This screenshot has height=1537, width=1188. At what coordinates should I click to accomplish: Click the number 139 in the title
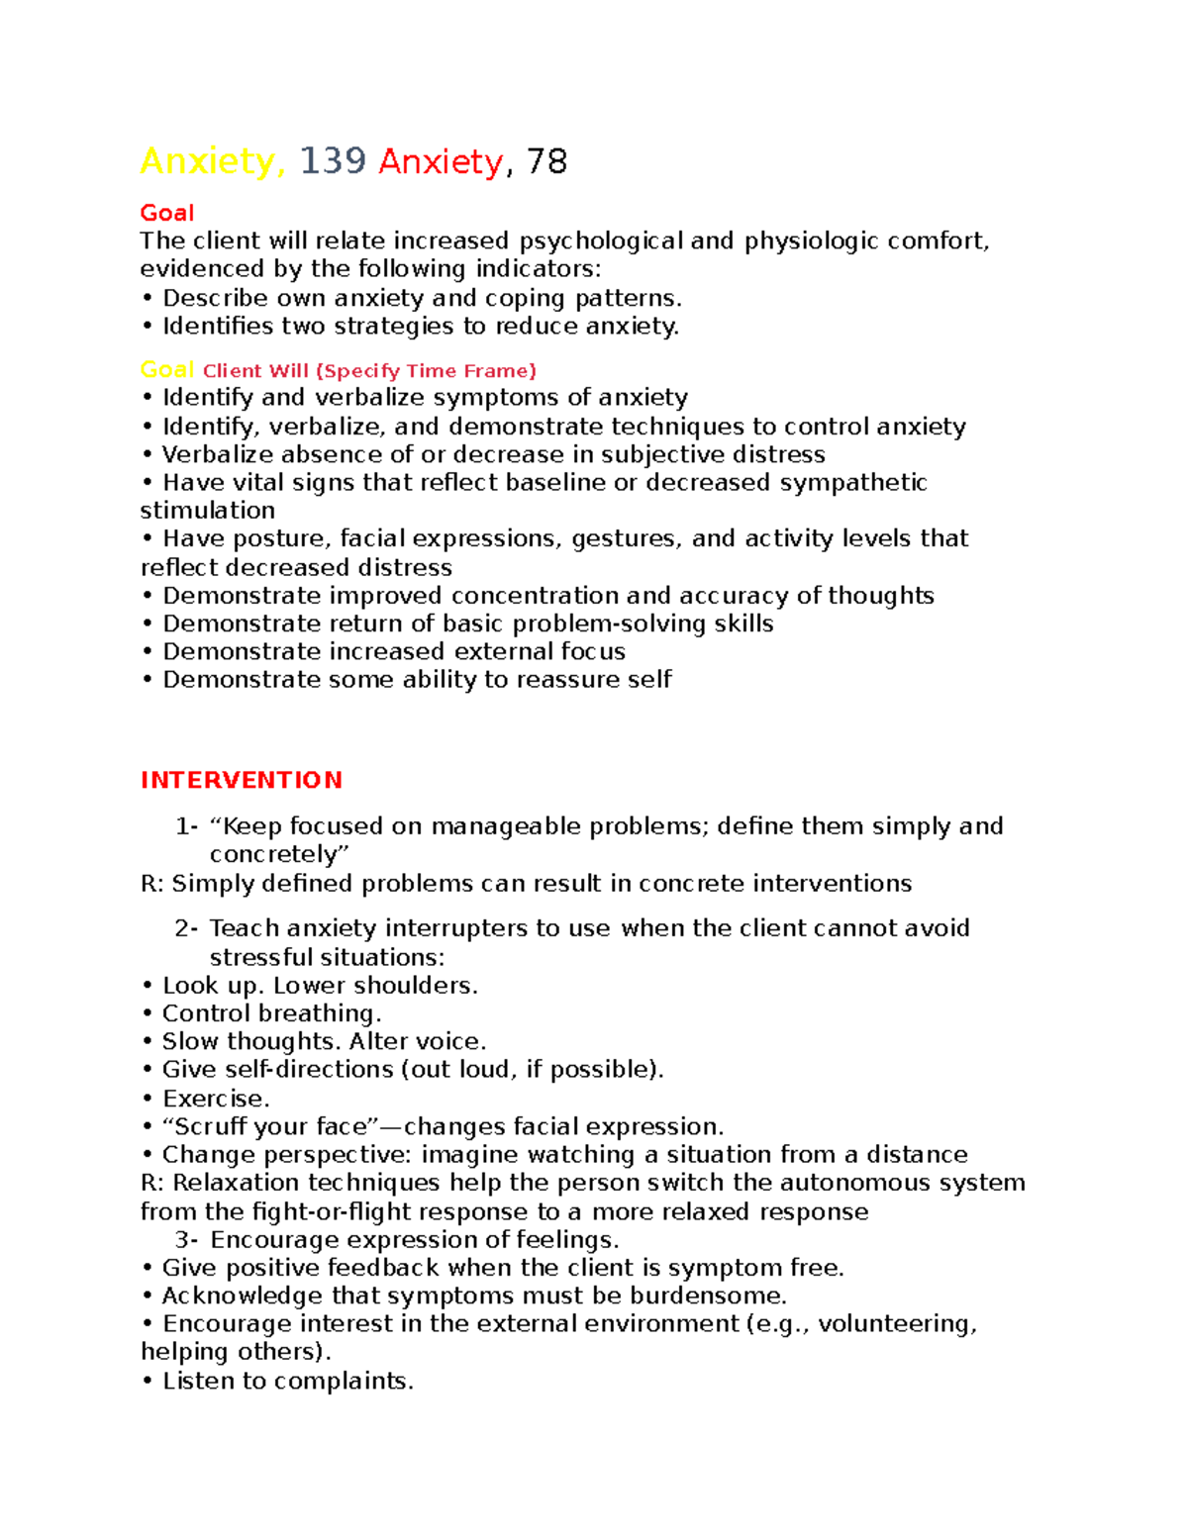(333, 161)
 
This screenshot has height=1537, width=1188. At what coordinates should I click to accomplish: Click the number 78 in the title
(546, 161)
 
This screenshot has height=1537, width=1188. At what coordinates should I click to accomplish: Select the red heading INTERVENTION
(241, 780)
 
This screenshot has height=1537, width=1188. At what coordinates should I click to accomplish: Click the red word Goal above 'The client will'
(166, 213)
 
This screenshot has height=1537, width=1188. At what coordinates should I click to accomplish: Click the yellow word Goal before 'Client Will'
(166, 370)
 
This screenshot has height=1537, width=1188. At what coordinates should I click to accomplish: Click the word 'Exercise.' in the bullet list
(216, 1099)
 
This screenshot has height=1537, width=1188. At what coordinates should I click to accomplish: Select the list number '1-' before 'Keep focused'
(186, 826)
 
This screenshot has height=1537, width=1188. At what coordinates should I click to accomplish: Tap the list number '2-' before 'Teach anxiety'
(186, 928)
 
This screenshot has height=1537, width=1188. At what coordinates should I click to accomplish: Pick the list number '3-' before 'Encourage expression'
(186, 1240)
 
